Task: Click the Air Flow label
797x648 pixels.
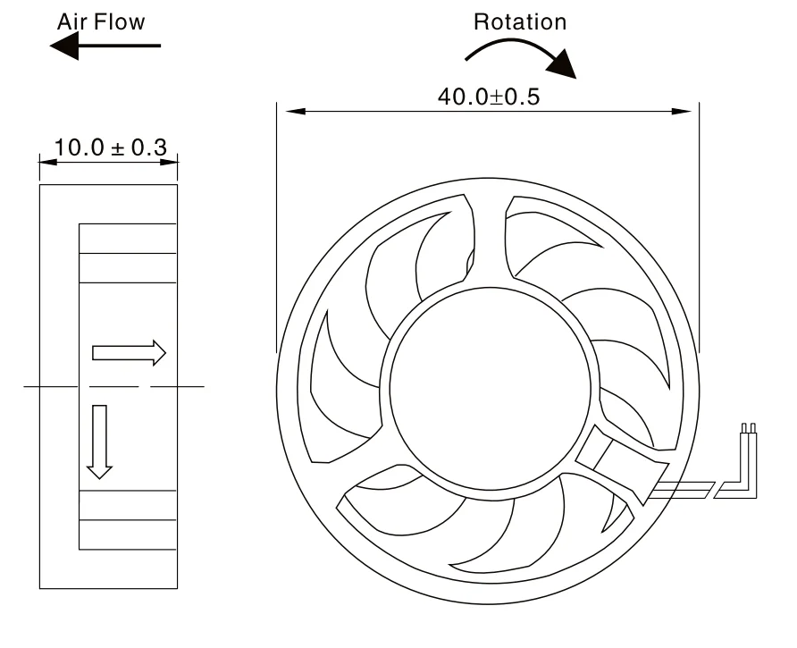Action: coord(101,21)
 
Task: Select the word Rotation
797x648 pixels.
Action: coord(520,22)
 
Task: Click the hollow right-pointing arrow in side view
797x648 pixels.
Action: coord(129,352)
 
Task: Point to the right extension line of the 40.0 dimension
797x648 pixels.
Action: coord(698,223)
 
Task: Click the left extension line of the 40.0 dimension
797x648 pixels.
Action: coord(277,223)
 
